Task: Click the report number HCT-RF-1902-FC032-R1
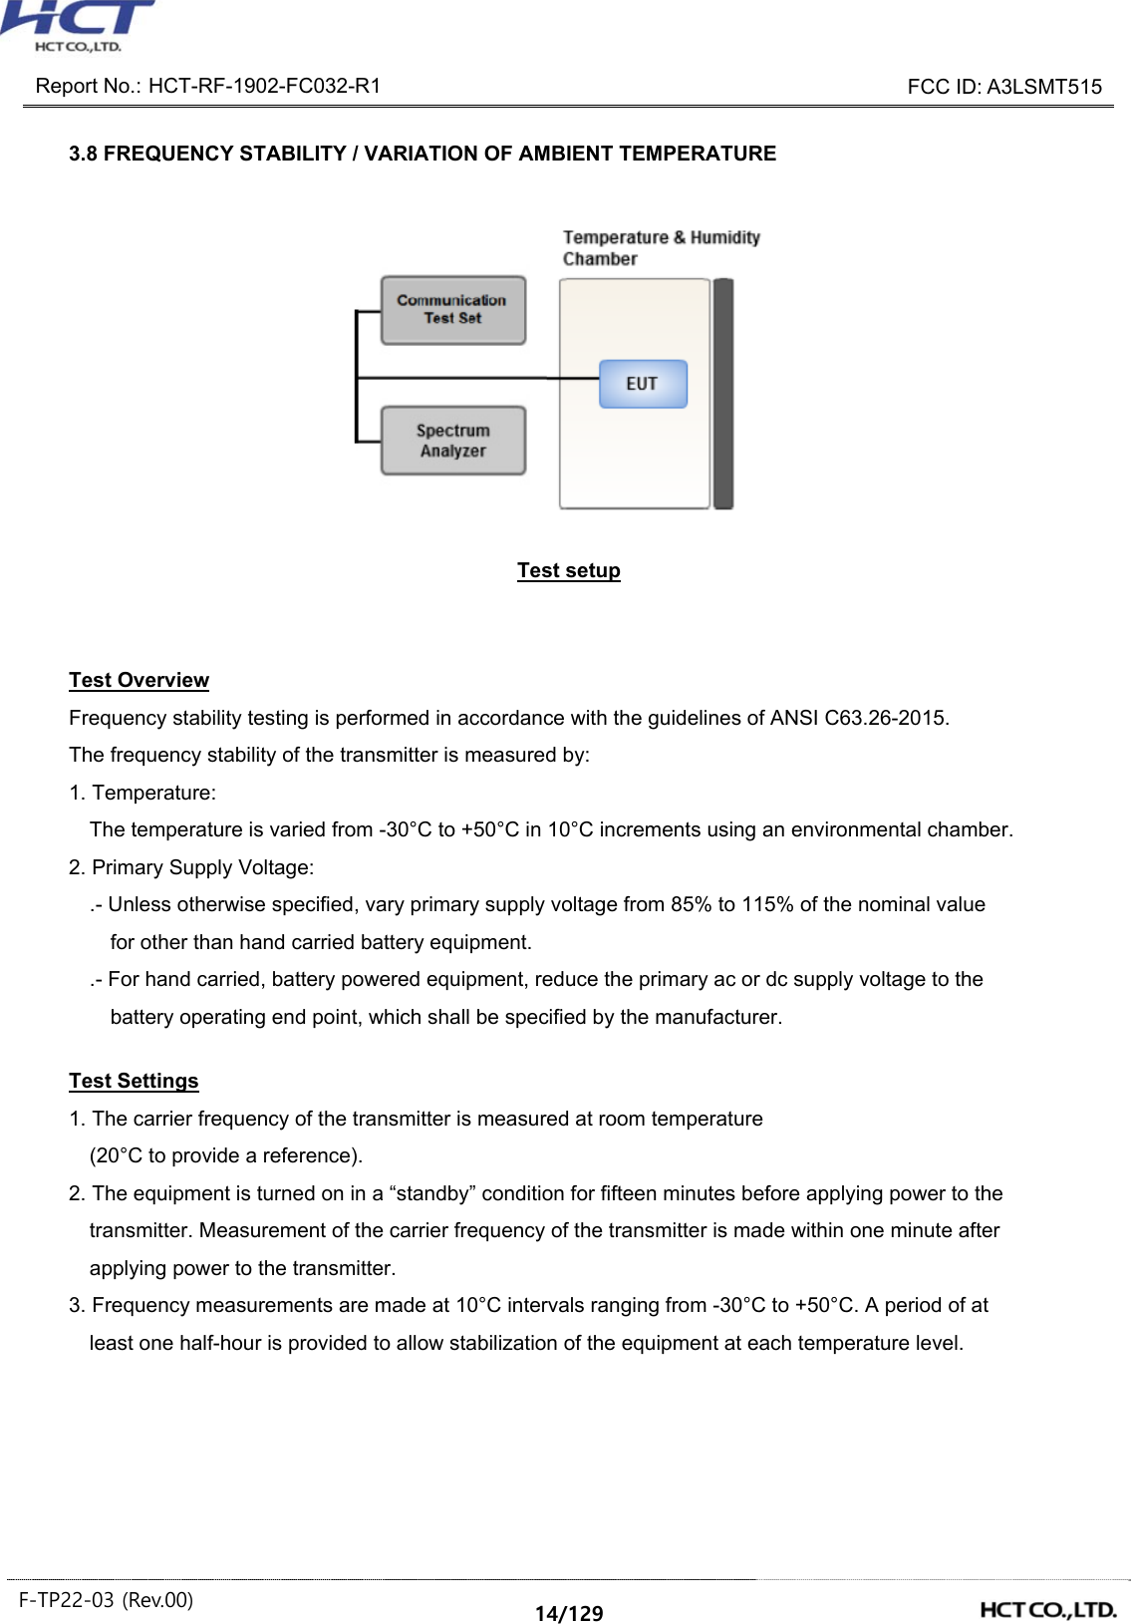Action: (264, 86)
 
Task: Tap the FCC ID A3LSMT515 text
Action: (1043, 87)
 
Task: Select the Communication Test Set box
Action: (452, 310)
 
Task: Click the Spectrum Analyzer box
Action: (452, 441)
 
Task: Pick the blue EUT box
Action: (643, 384)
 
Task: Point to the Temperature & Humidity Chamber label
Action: (661, 248)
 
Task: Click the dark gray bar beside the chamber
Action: (723, 394)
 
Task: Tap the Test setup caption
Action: (568, 570)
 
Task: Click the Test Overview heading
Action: (139, 680)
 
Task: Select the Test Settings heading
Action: (134, 1081)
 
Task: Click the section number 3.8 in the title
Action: (83, 154)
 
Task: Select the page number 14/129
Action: (568, 1613)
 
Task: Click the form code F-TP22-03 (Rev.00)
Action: (106, 1600)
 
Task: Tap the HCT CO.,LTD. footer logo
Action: (1048, 1609)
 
